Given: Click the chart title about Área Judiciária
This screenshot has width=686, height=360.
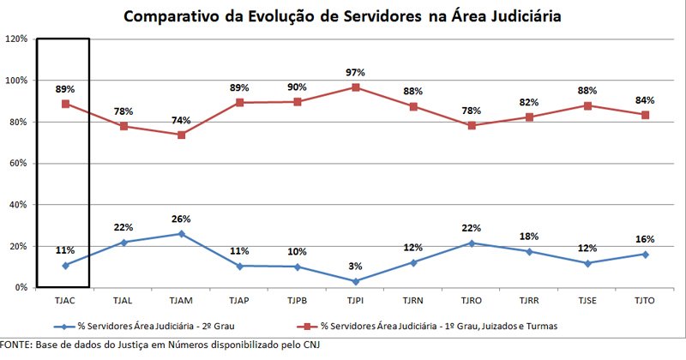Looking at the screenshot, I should click(x=343, y=16).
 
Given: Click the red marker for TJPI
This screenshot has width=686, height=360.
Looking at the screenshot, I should click(x=355, y=87).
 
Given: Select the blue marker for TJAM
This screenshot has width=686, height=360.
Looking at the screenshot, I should click(x=181, y=233).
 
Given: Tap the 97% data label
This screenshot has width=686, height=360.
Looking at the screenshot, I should click(x=355, y=73).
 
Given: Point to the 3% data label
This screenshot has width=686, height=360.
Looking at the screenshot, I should click(x=355, y=267).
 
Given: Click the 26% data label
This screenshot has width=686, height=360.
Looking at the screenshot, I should click(x=181, y=219).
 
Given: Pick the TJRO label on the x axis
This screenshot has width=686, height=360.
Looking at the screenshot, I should click(x=472, y=302).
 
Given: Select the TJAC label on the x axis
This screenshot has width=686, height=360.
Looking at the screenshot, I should click(x=65, y=302).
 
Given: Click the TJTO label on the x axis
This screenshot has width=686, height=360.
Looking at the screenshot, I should click(x=646, y=302).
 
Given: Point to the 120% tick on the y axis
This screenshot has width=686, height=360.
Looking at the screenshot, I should click(x=16, y=39).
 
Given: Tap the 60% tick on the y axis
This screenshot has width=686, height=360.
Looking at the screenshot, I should click(x=18, y=164).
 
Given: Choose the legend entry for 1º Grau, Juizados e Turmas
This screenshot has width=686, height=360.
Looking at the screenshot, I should click(x=437, y=327).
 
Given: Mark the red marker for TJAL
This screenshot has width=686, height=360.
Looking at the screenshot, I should click(x=123, y=126).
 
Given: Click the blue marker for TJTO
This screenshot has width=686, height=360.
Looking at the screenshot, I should click(x=646, y=254).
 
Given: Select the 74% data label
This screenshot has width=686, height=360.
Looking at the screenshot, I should click(x=181, y=121).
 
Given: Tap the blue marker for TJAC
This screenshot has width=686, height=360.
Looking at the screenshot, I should click(x=65, y=265).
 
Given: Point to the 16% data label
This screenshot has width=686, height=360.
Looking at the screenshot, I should click(x=646, y=239).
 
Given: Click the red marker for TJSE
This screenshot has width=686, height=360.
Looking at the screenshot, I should click(x=587, y=105).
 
